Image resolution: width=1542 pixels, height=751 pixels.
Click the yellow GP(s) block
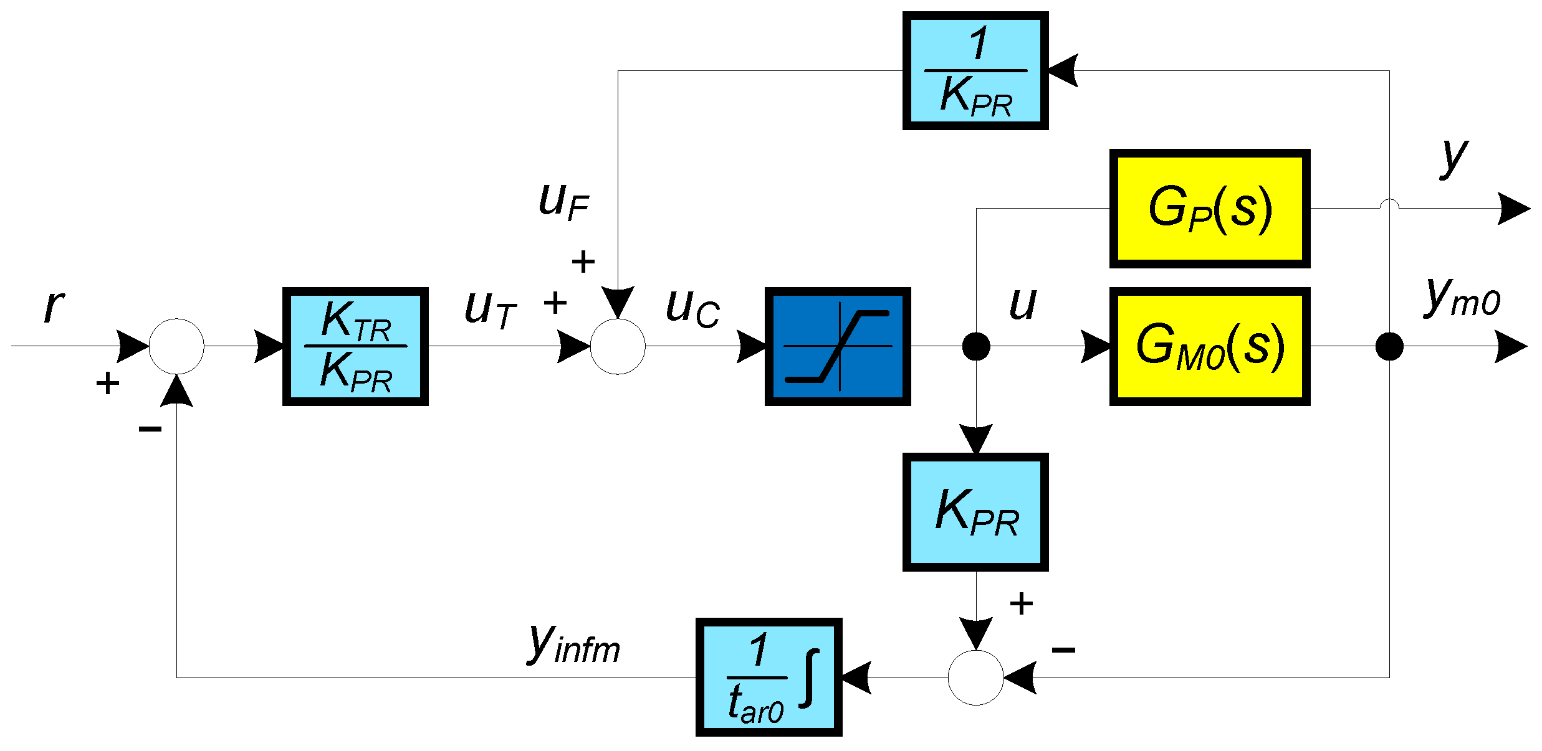[x=1209, y=208]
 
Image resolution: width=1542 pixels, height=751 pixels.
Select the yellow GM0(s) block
[x=1209, y=346]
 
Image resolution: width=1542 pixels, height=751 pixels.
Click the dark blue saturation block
[x=837, y=346]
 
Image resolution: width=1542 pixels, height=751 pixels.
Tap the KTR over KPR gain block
[x=355, y=346]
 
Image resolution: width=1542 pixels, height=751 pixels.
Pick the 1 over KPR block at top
[x=975, y=70]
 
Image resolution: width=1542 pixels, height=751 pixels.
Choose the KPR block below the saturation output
[x=975, y=512]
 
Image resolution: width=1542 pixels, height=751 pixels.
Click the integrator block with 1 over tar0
[x=769, y=677]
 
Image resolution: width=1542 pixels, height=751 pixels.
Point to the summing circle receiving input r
[x=176, y=346]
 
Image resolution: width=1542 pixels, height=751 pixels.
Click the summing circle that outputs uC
[x=617, y=346]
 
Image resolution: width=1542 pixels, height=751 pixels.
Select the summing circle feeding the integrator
[x=975, y=677]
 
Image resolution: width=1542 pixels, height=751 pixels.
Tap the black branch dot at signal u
[x=975, y=346]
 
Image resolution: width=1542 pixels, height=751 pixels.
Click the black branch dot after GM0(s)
[x=1389, y=346]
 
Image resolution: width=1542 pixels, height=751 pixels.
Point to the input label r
[x=54, y=306]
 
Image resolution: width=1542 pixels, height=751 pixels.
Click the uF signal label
[x=563, y=201]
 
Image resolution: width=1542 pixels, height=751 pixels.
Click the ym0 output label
[x=1462, y=298]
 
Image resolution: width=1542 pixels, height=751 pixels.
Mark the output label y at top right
[x=1454, y=157]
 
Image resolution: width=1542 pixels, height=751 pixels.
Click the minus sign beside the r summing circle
[x=150, y=428]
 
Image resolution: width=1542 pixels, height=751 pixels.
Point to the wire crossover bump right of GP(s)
[x=1389, y=204]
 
